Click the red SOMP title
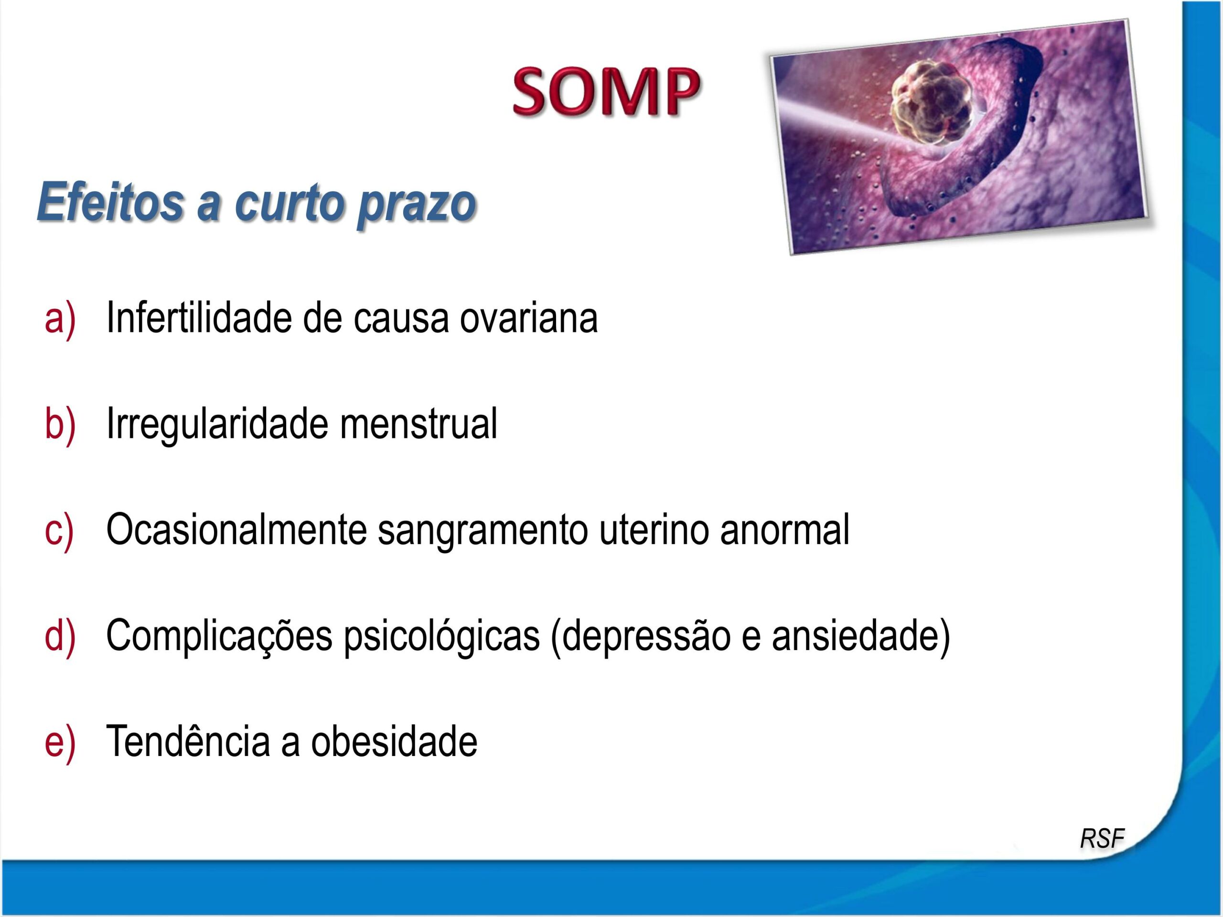click(607, 91)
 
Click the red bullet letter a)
click(60, 319)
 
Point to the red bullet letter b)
click(60, 424)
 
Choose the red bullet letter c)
click(59, 530)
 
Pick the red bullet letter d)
click(60, 636)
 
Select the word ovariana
click(528, 319)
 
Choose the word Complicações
click(219, 636)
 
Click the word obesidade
click(394, 742)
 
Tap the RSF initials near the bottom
click(1102, 838)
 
